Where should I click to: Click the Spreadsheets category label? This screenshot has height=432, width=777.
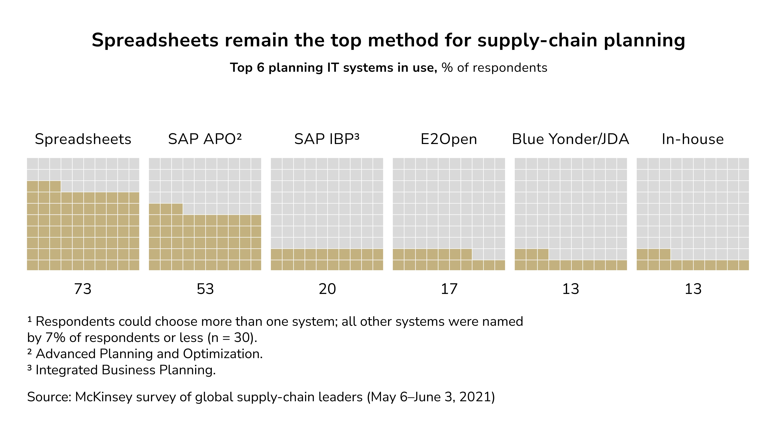tap(83, 139)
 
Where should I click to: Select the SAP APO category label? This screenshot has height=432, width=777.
tap(205, 139)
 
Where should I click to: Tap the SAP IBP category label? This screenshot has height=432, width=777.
tap(327, 139)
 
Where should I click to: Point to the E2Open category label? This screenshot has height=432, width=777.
tap(449, 139)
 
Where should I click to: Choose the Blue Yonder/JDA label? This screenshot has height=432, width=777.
tap(570, 139)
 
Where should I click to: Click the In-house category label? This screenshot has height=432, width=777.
tap(693, 139)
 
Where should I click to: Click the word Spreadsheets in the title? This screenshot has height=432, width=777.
tap(155, 40)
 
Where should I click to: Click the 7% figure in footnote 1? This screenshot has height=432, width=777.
tap(55, 338)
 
